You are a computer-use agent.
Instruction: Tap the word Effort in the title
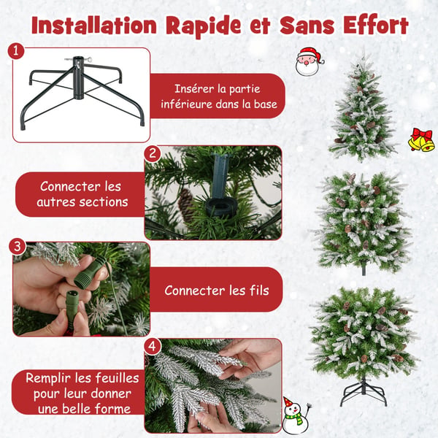point(375,25)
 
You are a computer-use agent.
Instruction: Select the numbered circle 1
point(16,51)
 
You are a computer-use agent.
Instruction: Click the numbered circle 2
point(153,153)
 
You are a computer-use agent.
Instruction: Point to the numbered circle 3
point(18,247)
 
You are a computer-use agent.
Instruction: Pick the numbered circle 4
point(153,347)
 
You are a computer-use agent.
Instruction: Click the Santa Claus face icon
point(310,61)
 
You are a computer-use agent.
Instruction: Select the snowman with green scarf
point(296,415)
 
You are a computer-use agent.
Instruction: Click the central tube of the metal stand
point(78,77)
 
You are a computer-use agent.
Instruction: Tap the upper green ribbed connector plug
point(88,272)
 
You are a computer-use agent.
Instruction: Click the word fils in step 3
point(259,291)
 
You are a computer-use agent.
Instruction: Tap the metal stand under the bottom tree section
point(363,391)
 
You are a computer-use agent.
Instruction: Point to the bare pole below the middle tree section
point(364,269)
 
